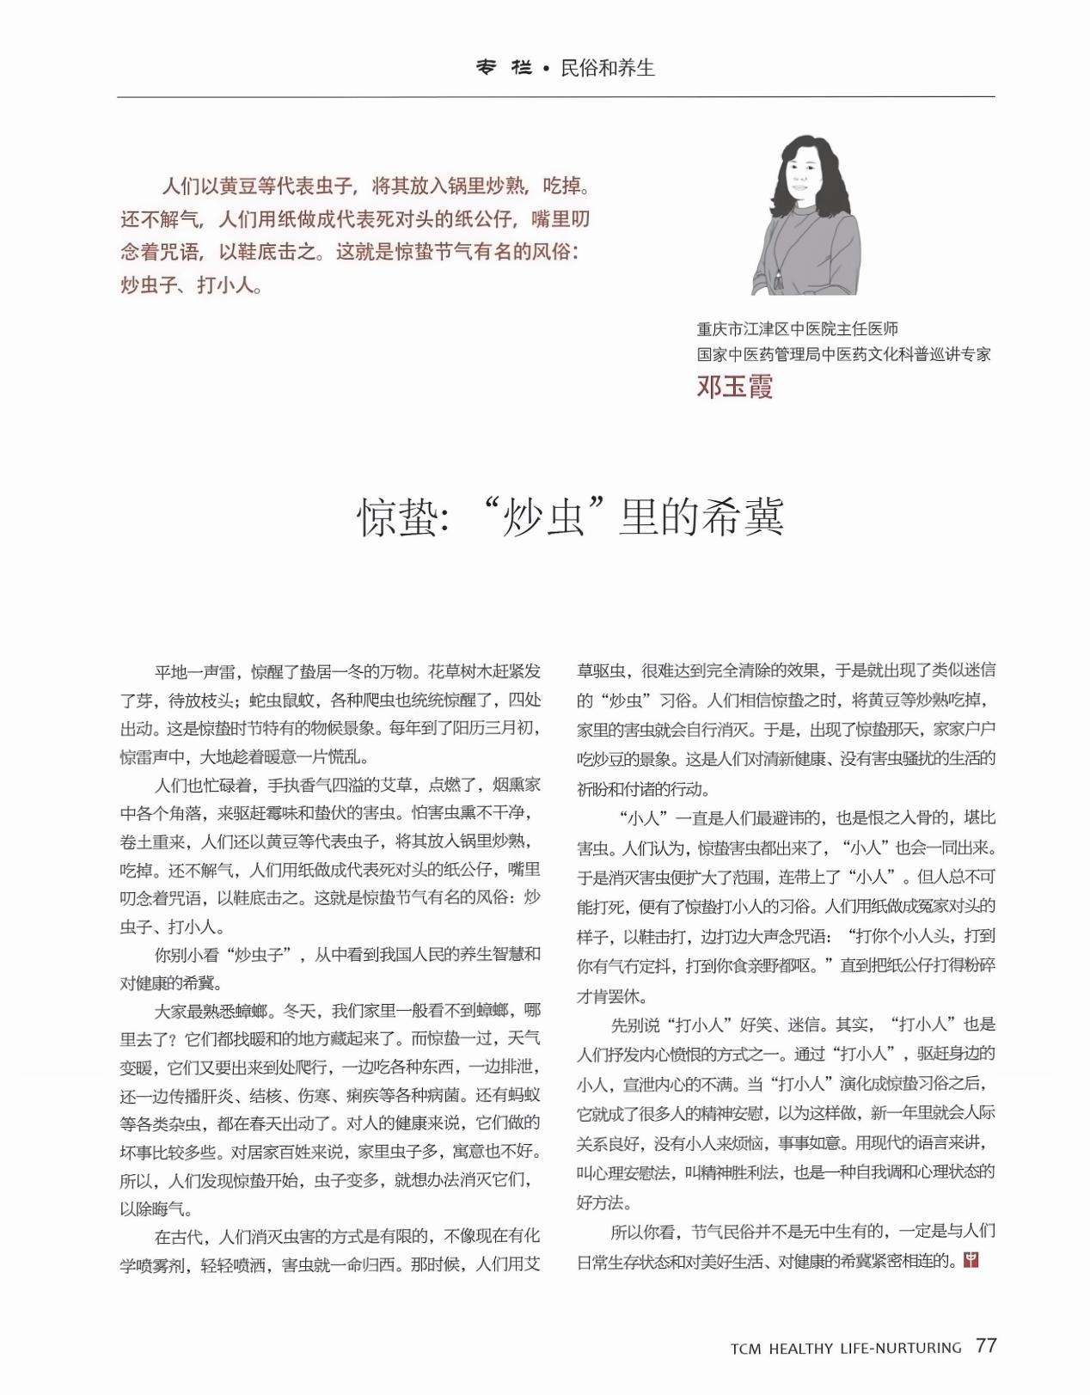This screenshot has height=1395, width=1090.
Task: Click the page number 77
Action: click(x=986, y=1346)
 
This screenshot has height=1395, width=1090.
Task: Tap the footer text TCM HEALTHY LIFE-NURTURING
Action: click(x=846, y=1349)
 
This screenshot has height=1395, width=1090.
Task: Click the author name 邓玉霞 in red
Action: click(x=735, y=387)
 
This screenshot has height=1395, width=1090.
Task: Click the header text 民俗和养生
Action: click(x=608, y=68)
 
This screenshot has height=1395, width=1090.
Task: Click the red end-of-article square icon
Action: click(x=972, y=1260)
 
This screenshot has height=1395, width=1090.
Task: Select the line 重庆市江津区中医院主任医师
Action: click(x=798, y=329)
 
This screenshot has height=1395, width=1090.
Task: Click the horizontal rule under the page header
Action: click(x=556, y=96)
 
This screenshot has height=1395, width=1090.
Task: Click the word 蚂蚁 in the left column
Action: click(x=522, y=1096)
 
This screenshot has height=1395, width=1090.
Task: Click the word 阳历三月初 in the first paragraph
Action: click(x=499, y=728)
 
